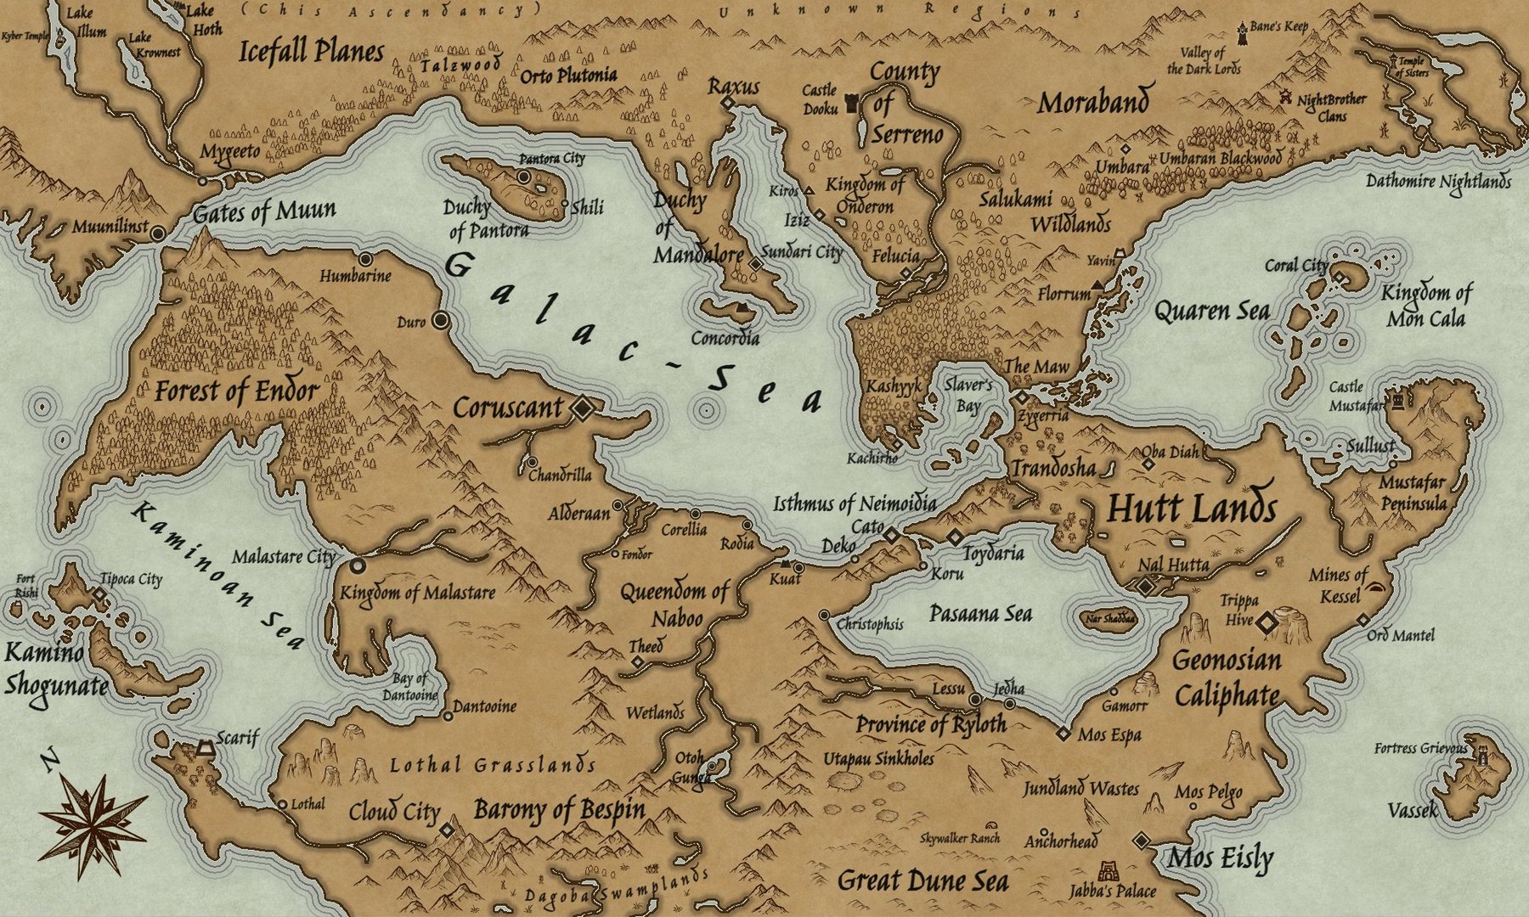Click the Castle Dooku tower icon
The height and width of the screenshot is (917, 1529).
click(852, 104)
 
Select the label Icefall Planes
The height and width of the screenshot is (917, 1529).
click(311, 52)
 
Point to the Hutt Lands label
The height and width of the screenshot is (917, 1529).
click(1192, 509)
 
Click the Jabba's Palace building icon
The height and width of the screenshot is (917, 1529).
click(1109, 872)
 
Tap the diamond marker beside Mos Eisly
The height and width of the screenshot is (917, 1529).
click(1142, 841)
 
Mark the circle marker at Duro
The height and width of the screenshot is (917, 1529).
click(440, 320)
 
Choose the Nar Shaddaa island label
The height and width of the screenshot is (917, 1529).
click(1110, 618)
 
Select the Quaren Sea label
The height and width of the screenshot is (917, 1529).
click(1211, 312)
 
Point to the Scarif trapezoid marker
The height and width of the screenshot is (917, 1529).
click(204, 748)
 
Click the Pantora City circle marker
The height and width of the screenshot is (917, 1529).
click(524, 177)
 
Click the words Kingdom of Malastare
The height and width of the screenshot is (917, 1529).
click(417, 593)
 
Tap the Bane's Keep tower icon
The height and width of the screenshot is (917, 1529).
click(1242, 31)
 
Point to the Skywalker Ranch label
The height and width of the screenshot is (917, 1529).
click(960, 838)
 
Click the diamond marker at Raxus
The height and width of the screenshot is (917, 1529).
click(727, 103)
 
